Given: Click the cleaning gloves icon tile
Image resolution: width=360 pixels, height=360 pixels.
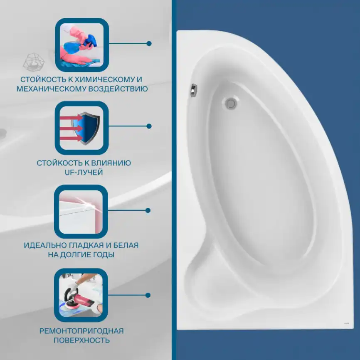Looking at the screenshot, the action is (82, 45).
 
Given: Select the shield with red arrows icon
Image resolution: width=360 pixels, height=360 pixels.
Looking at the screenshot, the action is (81, 128).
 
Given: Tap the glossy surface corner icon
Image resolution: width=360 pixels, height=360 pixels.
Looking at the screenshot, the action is (81, 212).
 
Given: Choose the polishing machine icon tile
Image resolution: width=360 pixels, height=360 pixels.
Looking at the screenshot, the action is (81, 295).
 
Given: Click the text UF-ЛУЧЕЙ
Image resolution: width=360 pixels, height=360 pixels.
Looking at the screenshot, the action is (84, 172).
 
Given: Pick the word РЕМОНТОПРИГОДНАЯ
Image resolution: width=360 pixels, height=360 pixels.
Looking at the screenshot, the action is (81, 331).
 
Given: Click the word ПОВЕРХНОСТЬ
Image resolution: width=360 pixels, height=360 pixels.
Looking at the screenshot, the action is (81, 340).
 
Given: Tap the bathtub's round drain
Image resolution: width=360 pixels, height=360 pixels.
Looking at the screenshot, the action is (231, 103).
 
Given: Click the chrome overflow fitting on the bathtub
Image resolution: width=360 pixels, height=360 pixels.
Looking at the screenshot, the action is (194, 90).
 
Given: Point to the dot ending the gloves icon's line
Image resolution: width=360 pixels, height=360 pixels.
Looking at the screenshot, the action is (149, 43).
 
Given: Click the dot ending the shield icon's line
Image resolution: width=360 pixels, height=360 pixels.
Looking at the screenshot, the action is (149, 126).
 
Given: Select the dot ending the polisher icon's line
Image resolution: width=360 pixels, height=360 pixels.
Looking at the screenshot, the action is (148, 295).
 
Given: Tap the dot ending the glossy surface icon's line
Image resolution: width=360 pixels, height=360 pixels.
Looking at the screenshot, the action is (148, 210).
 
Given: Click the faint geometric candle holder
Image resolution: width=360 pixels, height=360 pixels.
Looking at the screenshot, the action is (34, 62).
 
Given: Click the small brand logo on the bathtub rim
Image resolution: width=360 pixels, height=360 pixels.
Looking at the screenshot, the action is (346, 323).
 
